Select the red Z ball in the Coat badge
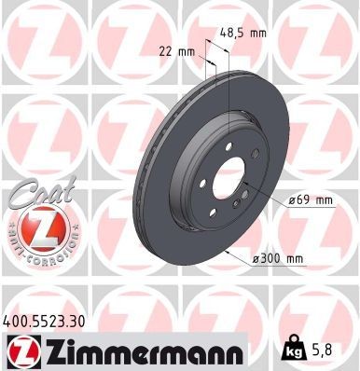(35, 229)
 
